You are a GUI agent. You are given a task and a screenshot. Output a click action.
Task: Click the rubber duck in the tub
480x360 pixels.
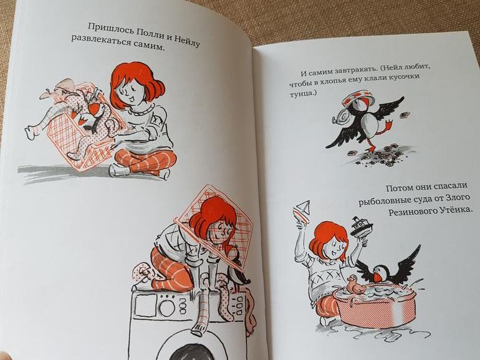(353, 285)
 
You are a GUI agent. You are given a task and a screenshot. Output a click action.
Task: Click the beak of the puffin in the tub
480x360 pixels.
(377, 277)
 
